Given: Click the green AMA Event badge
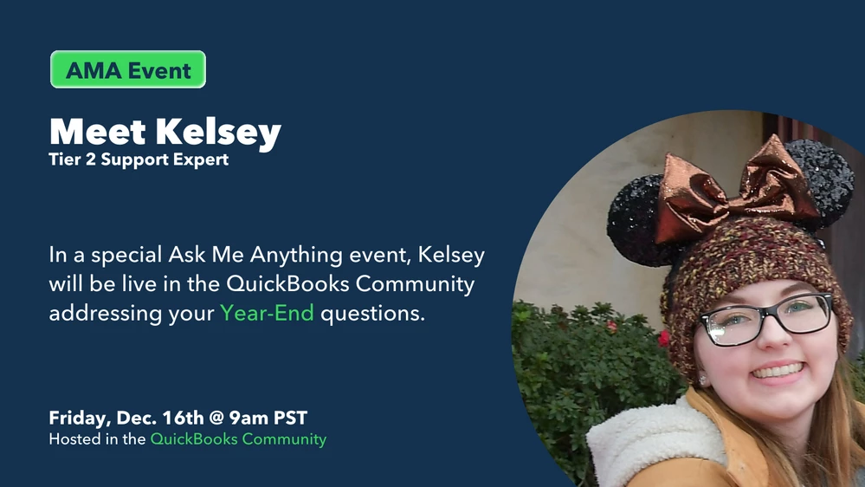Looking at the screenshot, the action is click(128, 69).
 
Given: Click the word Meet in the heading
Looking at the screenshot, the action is click(98, 132).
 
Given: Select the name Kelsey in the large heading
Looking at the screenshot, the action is click(218, 133).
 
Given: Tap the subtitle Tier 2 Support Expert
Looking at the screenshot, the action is click(139, 159).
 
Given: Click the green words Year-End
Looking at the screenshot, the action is click(267, 313).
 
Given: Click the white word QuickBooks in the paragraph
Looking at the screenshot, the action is click(287, 284).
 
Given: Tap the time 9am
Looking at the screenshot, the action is click(249, 418).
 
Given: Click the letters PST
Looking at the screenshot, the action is click(291, 418).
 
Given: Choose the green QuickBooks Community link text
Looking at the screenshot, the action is click(238, 439).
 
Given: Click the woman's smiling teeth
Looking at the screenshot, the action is click(778, 371).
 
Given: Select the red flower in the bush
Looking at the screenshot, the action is click(663, 338).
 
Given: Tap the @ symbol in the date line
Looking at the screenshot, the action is click(216, 418).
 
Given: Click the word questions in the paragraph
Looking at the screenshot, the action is click(373, 313).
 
